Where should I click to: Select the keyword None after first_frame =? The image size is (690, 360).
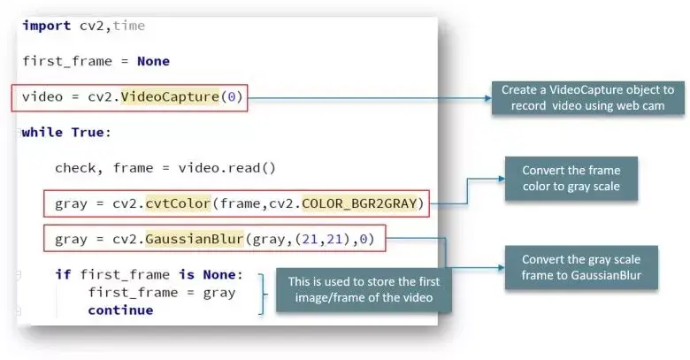[x=152, y=61]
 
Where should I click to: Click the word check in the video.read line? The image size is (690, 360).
[x=75, y=167]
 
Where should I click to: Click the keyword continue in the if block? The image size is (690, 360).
[x=119, y=310]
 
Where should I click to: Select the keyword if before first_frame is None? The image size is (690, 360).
[x=63, y=274]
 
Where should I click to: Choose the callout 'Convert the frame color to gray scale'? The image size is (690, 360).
[x=571, y=179]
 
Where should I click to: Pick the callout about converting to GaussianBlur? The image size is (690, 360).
[x=580, y=267]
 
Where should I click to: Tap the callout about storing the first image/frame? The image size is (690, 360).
[x=360, y=290]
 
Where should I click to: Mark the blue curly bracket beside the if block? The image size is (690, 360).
[x=260, y=293]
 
